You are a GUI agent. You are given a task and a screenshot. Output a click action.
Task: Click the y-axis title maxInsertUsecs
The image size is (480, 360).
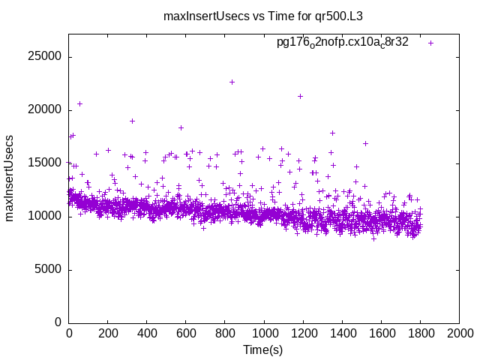[x=10, y=178]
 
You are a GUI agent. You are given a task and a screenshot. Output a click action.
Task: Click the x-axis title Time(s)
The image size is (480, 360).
[x=262, y=349]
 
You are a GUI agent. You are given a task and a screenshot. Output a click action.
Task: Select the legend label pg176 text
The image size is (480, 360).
[x=343, y=43]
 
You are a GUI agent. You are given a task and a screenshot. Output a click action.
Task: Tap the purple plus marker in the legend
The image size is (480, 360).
[x=430, y=43]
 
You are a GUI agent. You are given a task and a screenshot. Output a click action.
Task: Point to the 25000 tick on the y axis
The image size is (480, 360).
[x=46, y=57]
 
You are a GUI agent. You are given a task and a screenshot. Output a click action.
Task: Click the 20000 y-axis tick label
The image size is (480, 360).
[x=46, y=110]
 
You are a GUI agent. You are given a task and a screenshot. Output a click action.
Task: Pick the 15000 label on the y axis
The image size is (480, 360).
[x=46, y=163]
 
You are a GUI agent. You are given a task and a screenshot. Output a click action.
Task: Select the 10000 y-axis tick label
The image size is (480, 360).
[x=46, y=216]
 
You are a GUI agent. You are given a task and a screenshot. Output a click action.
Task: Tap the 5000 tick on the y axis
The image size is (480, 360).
[x=49, y=269]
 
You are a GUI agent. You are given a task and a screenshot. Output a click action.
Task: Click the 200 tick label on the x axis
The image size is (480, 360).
[x=108, y=333]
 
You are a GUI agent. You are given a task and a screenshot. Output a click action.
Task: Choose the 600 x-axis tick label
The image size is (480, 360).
[x=186, y=333]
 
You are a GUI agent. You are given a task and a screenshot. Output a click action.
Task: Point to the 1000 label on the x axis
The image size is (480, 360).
[x=264, y=333]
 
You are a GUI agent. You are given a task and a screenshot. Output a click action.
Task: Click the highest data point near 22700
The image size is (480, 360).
[x=232, y=82]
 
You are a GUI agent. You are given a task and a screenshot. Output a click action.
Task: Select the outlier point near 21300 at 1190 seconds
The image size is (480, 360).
[x=301, y=96]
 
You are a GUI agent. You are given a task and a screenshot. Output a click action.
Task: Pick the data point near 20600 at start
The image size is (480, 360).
[x=80, y=103]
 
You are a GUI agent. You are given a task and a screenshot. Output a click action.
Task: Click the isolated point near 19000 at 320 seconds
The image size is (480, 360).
[x=132, y=121]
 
